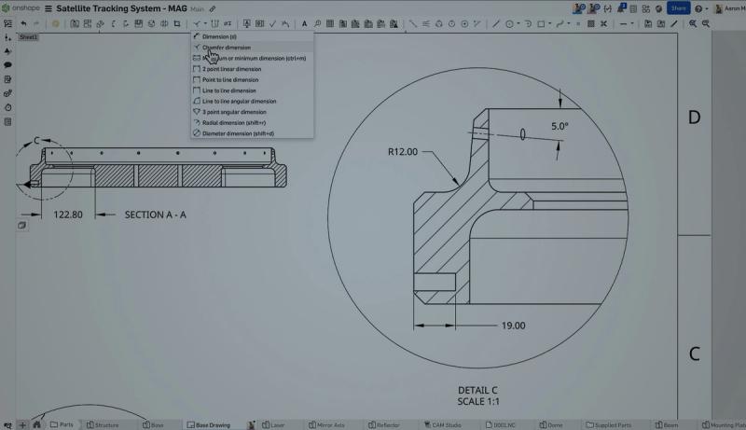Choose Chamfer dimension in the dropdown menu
[x=226, y=48]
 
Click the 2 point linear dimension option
[x=231, y=69]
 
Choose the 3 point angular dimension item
[x=234, y=112]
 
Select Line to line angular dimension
[x=239, y=101]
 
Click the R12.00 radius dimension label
[x=404, y=151]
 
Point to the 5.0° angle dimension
[x=559, y=125]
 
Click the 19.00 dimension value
[x=513, y=326]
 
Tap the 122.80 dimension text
[x=68, y=215]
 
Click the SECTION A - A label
[x=156, y=215]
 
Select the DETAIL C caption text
[x=477, y=390]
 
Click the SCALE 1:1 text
[x=478, y=401]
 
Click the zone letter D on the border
[x=694, y=118]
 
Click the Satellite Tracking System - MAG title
[x=121, y=7]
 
